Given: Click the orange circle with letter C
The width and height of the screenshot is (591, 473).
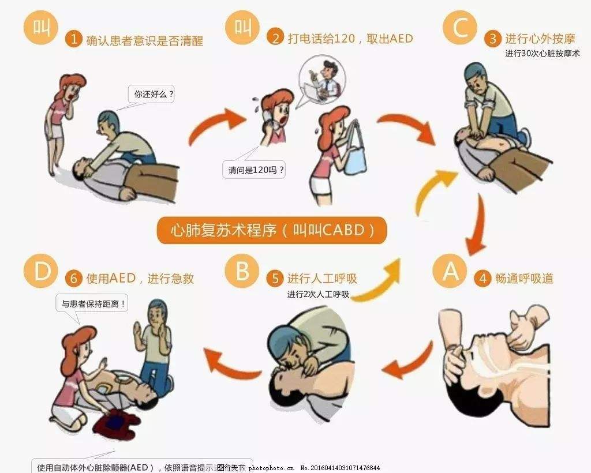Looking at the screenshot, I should (x=460, y=29).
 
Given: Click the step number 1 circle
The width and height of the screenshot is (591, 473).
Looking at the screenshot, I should (x=73, y=39).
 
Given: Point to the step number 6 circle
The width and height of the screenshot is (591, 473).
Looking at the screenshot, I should (x=73, y=279).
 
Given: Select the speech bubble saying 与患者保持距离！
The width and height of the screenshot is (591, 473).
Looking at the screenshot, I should (x=92, y=303).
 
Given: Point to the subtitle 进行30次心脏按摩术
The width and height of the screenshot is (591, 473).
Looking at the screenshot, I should (x=542, y=54).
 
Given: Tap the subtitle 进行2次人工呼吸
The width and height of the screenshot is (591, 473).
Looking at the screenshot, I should (x=318, y=294).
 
